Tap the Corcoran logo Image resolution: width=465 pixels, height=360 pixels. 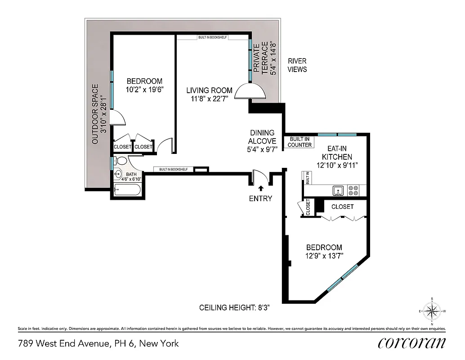412,343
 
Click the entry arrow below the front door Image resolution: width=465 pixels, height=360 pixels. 260,188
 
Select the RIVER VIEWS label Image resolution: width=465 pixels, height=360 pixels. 297,65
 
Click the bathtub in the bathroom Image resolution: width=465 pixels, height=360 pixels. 128,191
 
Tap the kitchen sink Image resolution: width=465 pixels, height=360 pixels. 339,191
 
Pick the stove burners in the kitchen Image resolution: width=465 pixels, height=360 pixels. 353,190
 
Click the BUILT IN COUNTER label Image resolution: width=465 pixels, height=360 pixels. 300,142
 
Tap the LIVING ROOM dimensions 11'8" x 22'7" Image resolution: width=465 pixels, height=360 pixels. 210,99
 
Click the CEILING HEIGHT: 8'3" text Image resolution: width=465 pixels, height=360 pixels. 234,308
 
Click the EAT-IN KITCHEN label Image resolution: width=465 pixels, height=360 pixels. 336,153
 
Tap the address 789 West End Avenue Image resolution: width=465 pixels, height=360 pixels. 98,343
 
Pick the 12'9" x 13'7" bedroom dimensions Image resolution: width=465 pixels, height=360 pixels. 324,256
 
